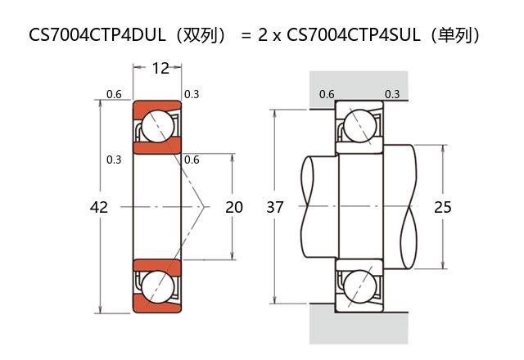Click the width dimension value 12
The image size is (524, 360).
160,68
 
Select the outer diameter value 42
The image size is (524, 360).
98,207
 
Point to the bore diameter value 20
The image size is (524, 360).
234,207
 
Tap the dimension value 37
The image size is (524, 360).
275,207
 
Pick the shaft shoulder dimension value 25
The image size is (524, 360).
442,207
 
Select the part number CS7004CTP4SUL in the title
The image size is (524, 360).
359,35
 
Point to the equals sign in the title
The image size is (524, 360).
246,35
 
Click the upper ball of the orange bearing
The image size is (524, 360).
157,127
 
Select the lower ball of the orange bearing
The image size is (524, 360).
157,286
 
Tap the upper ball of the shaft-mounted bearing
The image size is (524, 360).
359,127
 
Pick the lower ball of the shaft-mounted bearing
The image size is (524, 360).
359,286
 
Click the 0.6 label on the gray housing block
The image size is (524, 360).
327,94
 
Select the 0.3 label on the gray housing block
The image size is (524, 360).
392,94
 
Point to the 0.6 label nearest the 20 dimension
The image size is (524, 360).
192,160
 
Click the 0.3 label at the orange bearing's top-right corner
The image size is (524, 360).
192,94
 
